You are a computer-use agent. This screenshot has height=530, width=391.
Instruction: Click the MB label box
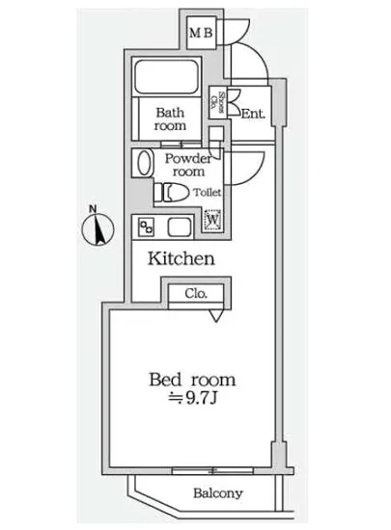coord(201,35)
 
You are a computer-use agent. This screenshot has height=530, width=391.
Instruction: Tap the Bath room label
coord(171,118)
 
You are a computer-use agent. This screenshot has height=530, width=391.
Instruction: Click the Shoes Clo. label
coord(221,101)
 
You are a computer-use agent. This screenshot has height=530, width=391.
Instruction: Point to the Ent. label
coord(253,114)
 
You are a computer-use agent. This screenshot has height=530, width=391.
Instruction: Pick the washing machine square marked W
coord(212,221)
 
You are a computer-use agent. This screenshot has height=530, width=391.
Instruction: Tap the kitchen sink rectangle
coord(180,227)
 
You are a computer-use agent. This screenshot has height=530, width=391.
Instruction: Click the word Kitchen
coord(181,259)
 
